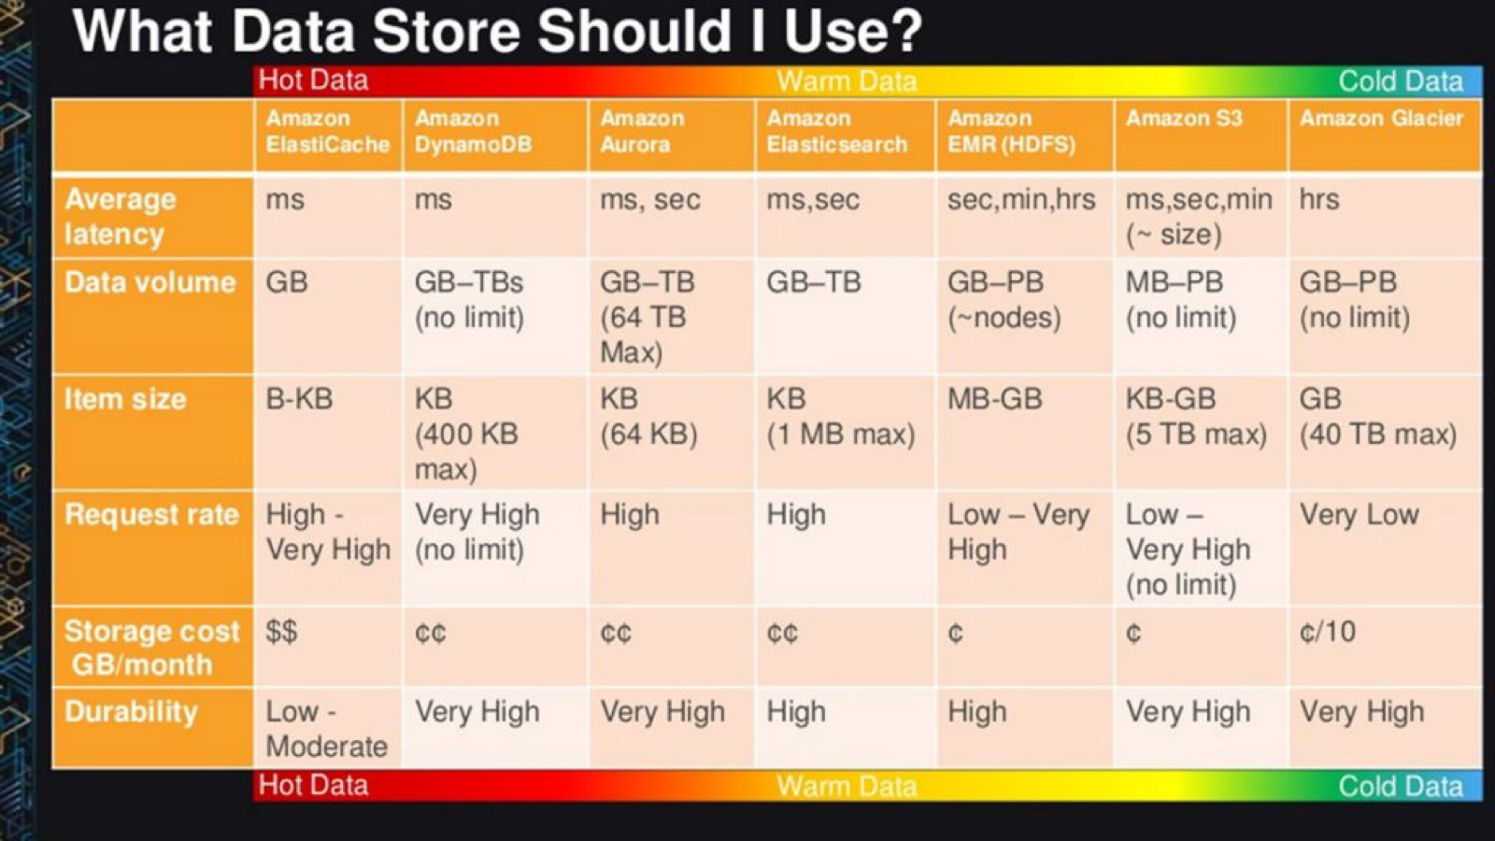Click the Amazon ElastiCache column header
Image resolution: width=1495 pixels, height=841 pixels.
(327, 132)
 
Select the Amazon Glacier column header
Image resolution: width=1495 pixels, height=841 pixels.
(1381, 118)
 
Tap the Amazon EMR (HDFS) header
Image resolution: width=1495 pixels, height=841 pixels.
(1011, 132)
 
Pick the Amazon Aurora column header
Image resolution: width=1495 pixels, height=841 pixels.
(642, 132)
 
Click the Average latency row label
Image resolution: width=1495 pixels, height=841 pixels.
(121, 216)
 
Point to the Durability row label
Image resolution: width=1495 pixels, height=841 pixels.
(132, 711)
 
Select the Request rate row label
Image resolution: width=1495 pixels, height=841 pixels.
(151, 515)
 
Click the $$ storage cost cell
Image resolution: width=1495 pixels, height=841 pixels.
(281, 632)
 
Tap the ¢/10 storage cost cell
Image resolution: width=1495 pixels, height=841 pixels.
(1327, 632)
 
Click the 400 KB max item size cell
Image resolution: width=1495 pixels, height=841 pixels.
(466, 434)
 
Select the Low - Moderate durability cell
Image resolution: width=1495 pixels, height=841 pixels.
(326, 729)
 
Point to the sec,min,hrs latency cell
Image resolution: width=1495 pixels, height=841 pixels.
(1021, 200)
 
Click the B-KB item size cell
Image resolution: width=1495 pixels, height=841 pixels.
(299, 399)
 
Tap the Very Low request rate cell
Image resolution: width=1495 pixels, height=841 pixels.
(1359, 515)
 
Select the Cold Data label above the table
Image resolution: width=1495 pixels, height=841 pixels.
(1401, 81)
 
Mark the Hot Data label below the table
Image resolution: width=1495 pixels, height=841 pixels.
(313, 786)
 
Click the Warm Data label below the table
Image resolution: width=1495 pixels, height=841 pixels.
(847, 786)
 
